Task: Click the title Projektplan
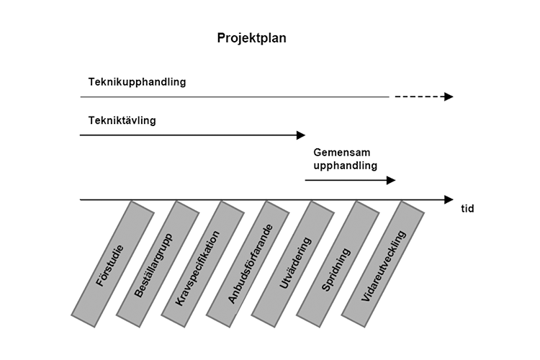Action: pos(251,38)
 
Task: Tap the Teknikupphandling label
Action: pos(137,82)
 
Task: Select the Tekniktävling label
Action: pos(122,120)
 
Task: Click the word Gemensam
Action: pos(341,152)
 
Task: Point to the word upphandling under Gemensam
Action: pos(345,166)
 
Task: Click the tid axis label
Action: pos(467,208)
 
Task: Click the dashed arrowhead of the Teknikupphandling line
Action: pos(449,96)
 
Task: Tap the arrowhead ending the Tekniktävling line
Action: pos(301,135)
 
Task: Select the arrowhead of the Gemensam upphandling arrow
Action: pos(391,180)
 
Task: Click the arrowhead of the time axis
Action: pos(449,200)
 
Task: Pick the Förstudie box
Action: pos(112,264)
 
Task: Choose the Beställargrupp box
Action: pos(158,264)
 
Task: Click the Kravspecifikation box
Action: pos(203,264)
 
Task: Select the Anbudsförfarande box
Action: pos(248,264)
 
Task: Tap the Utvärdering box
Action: pos(293,264)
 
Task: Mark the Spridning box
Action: pos(338,264)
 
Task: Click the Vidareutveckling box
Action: pos(383,264)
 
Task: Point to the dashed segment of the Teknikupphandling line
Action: pos(420,96)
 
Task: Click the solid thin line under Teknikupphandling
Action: pos(235,97)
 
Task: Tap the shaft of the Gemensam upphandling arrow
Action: pos(346,180)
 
